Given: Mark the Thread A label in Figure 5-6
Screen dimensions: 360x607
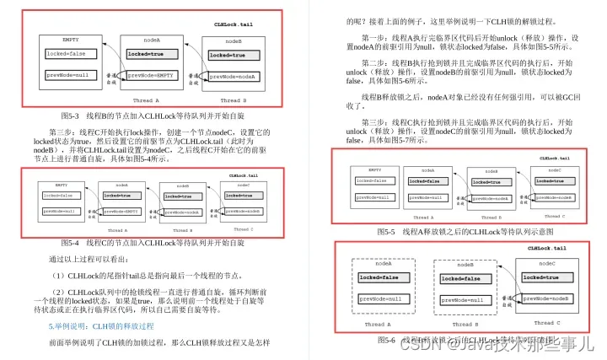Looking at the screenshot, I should tap(377, 324).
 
